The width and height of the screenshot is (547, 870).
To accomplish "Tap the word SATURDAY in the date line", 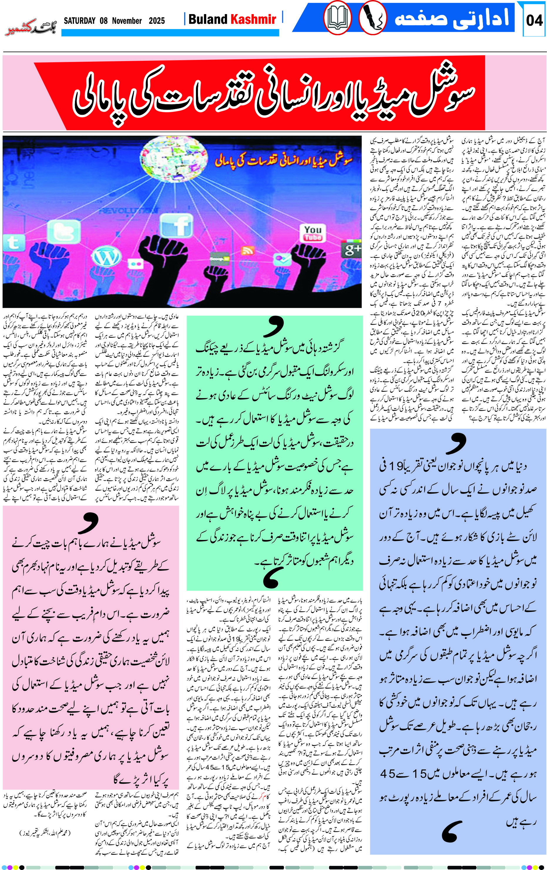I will click(x=80, y=21).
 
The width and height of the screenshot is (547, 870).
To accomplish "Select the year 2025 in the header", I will click(x=157, y=21).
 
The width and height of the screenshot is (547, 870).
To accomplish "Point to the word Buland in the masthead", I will click(x=208, y=19).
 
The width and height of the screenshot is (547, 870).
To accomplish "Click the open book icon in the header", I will click(x=337, y=18).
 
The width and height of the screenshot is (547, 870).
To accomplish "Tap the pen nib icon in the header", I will click(x=373, y=18).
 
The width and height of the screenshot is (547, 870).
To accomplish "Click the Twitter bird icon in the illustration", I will click(x=64, y=231).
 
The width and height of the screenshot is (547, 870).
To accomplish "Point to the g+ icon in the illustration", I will click(x=351, y=249).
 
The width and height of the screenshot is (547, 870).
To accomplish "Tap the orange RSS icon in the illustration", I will click(x=248, y=250).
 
